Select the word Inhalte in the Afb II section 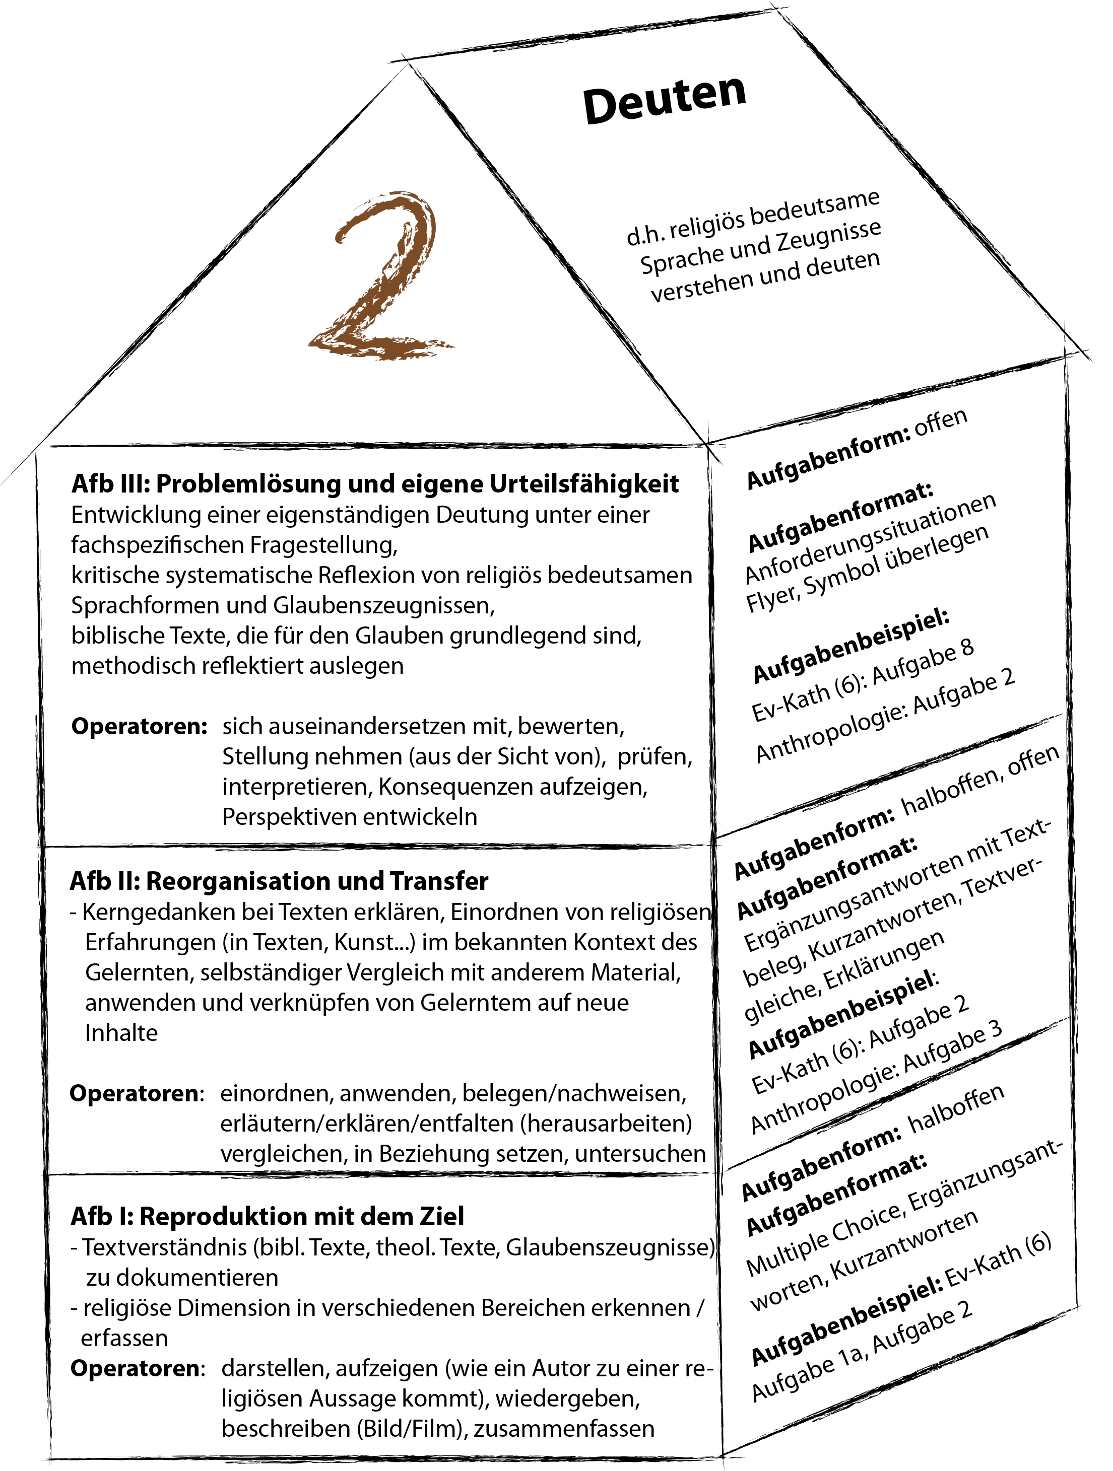[121, 1033]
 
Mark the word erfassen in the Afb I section [124, 1338]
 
